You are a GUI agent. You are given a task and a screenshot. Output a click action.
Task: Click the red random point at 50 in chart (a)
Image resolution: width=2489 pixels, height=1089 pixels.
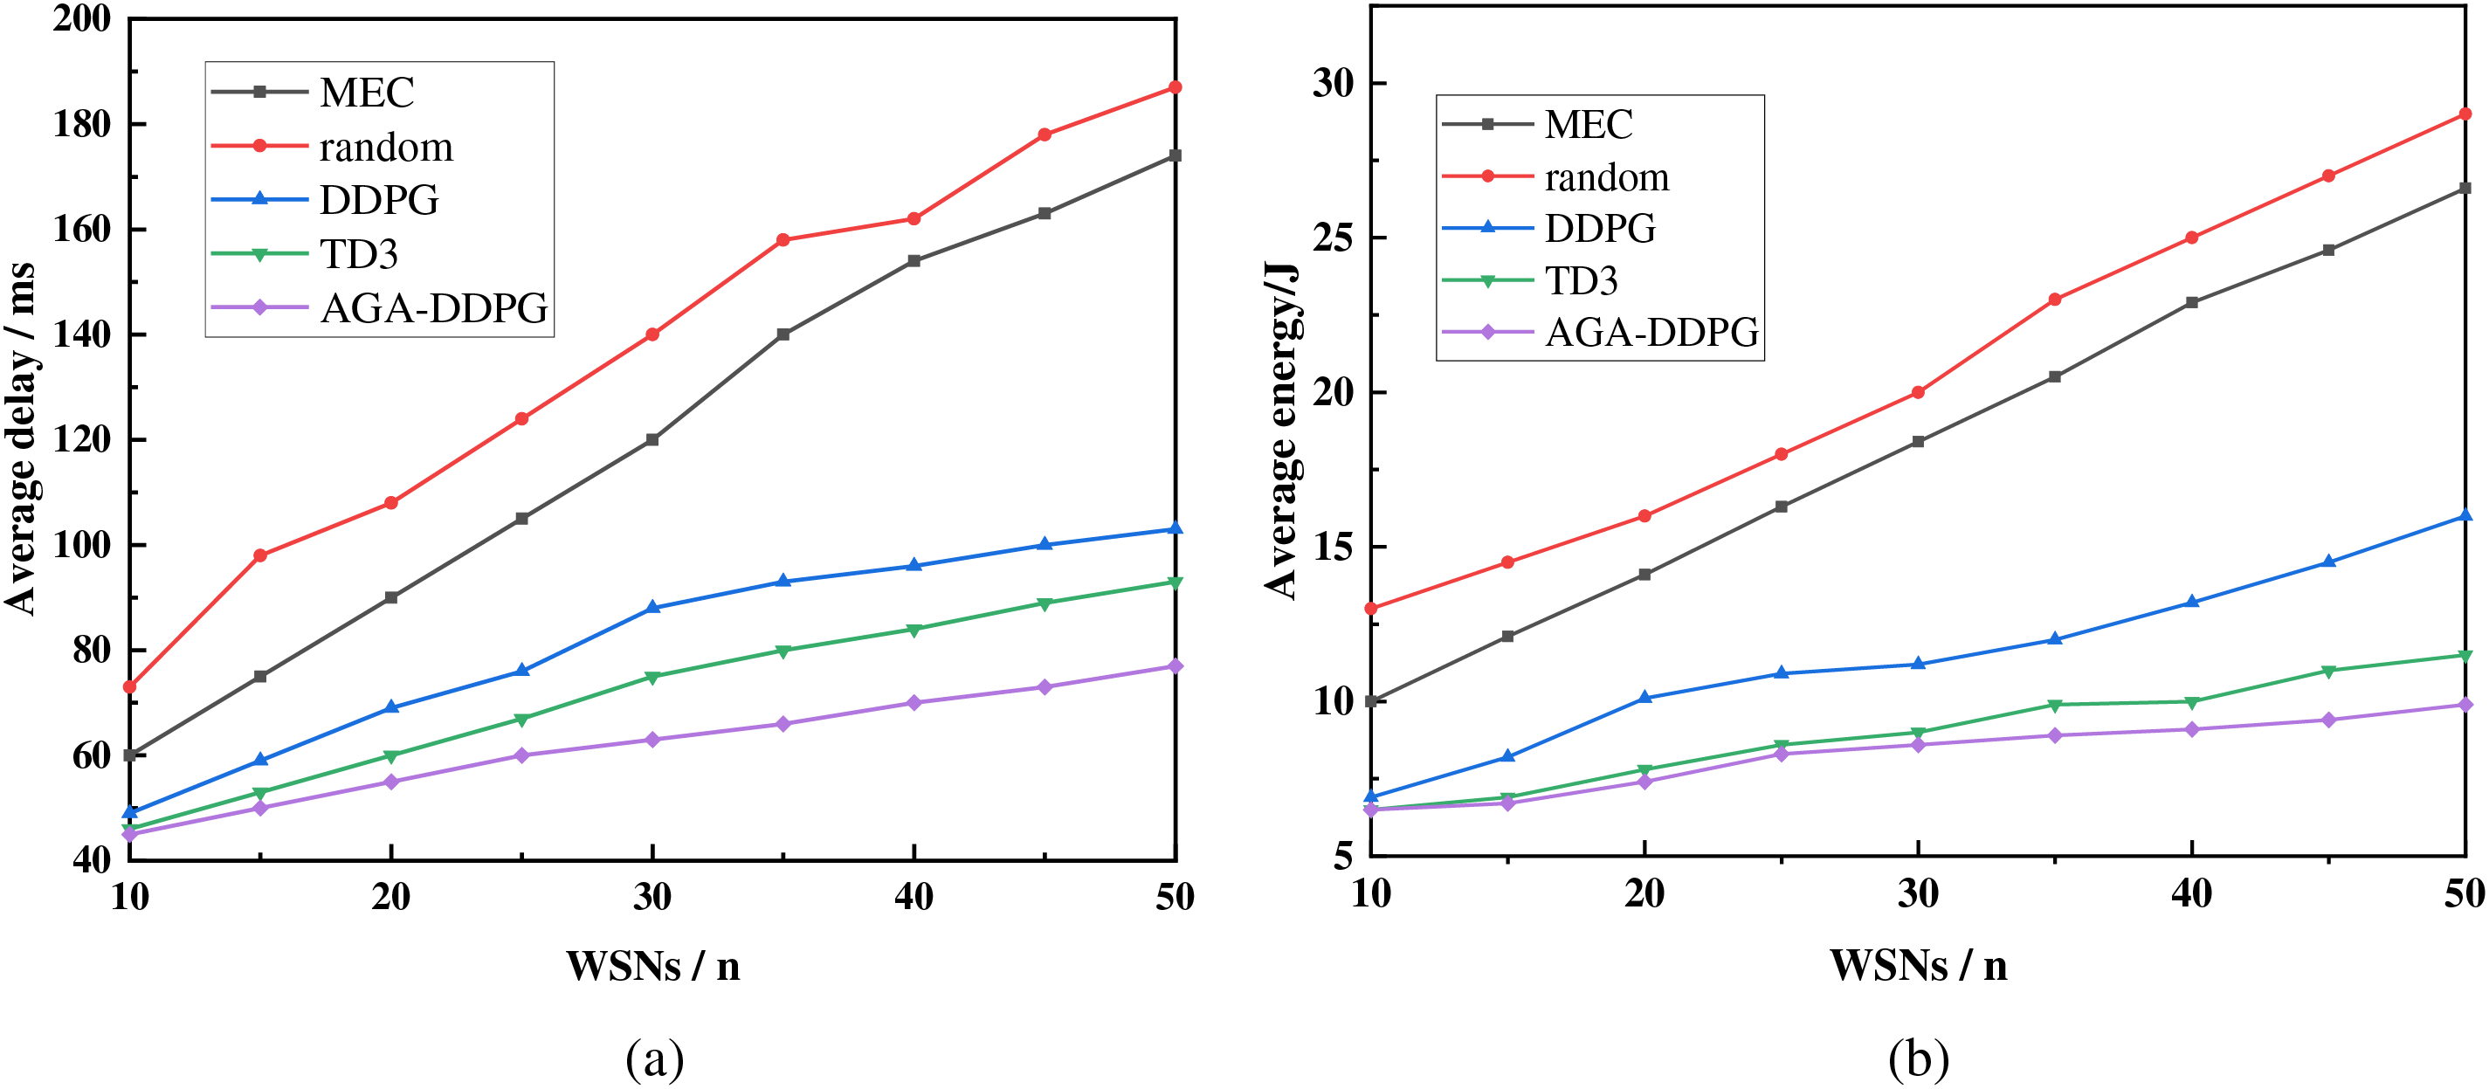point(1175,88)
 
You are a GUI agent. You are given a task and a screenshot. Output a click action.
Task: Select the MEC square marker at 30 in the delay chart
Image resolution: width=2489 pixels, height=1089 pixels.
point(652,439)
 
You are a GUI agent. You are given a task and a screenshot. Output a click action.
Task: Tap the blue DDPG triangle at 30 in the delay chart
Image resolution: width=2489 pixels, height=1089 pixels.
point(652,607)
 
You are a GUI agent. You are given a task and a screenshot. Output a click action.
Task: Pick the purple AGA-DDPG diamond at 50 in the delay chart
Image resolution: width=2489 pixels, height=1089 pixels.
point(1175,665)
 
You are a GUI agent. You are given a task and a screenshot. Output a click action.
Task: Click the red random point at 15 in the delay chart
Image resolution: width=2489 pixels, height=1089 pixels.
point(260,555)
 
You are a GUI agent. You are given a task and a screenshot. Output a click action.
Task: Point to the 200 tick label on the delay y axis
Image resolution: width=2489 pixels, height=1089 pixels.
point(82,18)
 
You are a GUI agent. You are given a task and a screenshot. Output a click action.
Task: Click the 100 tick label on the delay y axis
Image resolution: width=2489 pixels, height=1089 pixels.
point(82,545)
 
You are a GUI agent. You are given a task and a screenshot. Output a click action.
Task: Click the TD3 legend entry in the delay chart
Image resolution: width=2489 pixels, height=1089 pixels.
point(358,254)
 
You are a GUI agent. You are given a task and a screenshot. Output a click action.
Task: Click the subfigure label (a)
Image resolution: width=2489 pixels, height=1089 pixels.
point(655,1059)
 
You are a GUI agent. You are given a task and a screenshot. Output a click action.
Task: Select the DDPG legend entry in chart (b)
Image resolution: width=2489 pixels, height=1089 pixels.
point(1599,229)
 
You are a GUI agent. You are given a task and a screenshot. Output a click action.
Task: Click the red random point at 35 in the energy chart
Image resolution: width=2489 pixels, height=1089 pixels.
point(2054,300)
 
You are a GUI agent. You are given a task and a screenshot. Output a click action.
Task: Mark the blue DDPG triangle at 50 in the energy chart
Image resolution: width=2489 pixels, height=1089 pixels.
point(2464,516)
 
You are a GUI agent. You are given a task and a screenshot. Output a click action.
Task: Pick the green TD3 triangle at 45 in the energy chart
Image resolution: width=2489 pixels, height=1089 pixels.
point(2327,672)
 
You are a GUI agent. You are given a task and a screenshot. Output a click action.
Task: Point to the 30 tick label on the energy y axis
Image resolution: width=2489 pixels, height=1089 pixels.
point(1334,84)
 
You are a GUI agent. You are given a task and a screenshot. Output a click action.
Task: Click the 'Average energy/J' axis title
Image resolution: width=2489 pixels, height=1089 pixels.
point(1281,430)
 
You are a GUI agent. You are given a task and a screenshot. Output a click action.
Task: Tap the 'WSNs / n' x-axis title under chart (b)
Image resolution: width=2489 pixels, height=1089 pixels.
point(1918,965)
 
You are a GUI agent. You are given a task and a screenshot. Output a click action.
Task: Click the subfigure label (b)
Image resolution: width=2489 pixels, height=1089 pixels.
point(1918,1059)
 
